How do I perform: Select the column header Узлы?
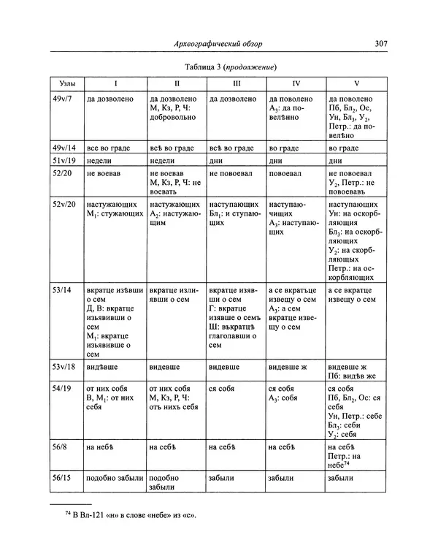click(x=64, y=83)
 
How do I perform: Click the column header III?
click(x=235, y=83)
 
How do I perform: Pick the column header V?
click(x=356, y=83)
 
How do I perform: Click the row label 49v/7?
click(x=63, y=98)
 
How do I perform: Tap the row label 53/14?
click(x=63, y=290)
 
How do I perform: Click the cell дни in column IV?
click(x=276, y=161)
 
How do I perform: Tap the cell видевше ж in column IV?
click(x=287, y=365)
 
